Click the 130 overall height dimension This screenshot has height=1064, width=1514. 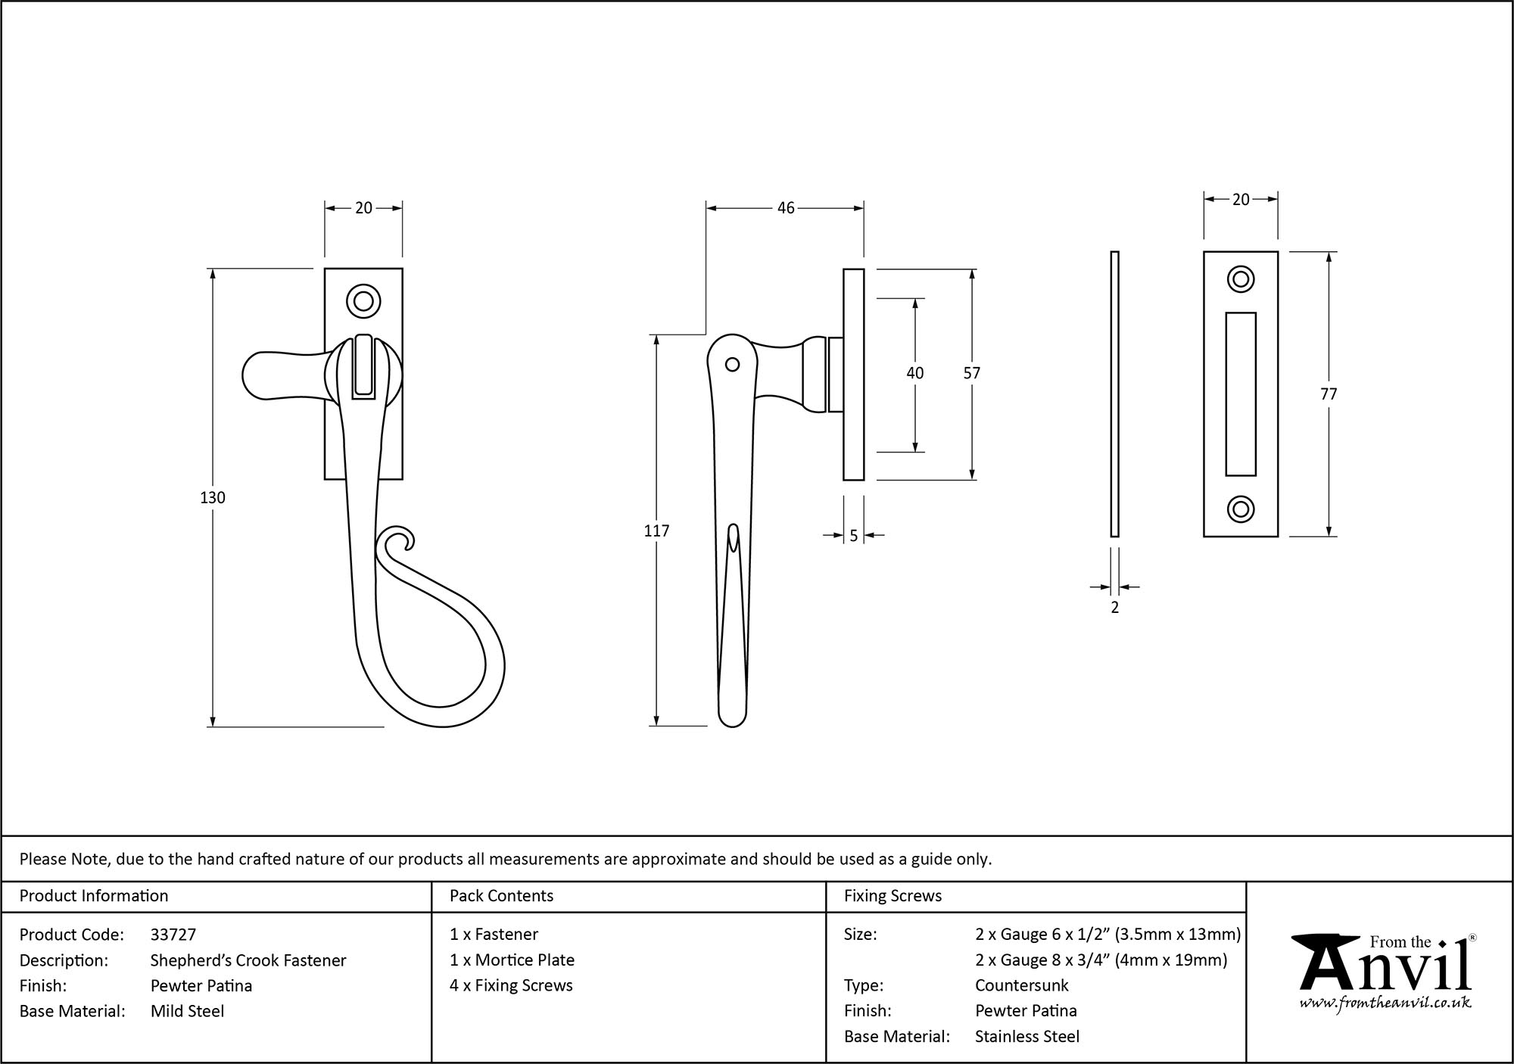pyautogui.click(x=213, y=497)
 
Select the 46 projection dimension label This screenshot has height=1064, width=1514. pyautogui.click(x=786, y=207)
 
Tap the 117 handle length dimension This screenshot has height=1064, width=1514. pyautogui.click(x=656, y=531)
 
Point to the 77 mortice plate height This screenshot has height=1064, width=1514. pyautogui.click(x=1329, y=394)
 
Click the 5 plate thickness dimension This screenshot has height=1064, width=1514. pyautogui.click(x=854, y=536)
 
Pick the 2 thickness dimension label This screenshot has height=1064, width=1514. pyautogui.click(x=1114, y=607)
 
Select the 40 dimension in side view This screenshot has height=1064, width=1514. pyautogui.click(x=914, y=373)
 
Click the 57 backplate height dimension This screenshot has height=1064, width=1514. pyautogui.click(x=971, y=373)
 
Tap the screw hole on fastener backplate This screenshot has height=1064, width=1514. pyautogui.click(x=363, y=301)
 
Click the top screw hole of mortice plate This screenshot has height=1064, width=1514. pyautogui.click(x=1240, y=279)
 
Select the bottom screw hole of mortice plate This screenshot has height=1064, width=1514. pyautogui.click(x=1240, y=509)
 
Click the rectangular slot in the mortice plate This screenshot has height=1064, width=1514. pyautogui.click(x=1240, y=394)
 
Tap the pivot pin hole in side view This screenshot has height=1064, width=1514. pyautogui.click(x=732, y=365)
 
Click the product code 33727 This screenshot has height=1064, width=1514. pyautogui.click(x=173, y=935)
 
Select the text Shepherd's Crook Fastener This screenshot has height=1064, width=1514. pyautogui.click(x=248, y=960)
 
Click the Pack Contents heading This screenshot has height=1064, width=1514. pyautogui.click(x=501, y=896)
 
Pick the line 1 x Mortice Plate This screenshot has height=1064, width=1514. pyautogui.click(x=512, y=960)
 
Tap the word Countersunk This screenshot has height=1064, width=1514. pyautogui.click(x=1021, y=985)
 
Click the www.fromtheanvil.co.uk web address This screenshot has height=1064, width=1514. pyautogui.click(x=1385, y=1003)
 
